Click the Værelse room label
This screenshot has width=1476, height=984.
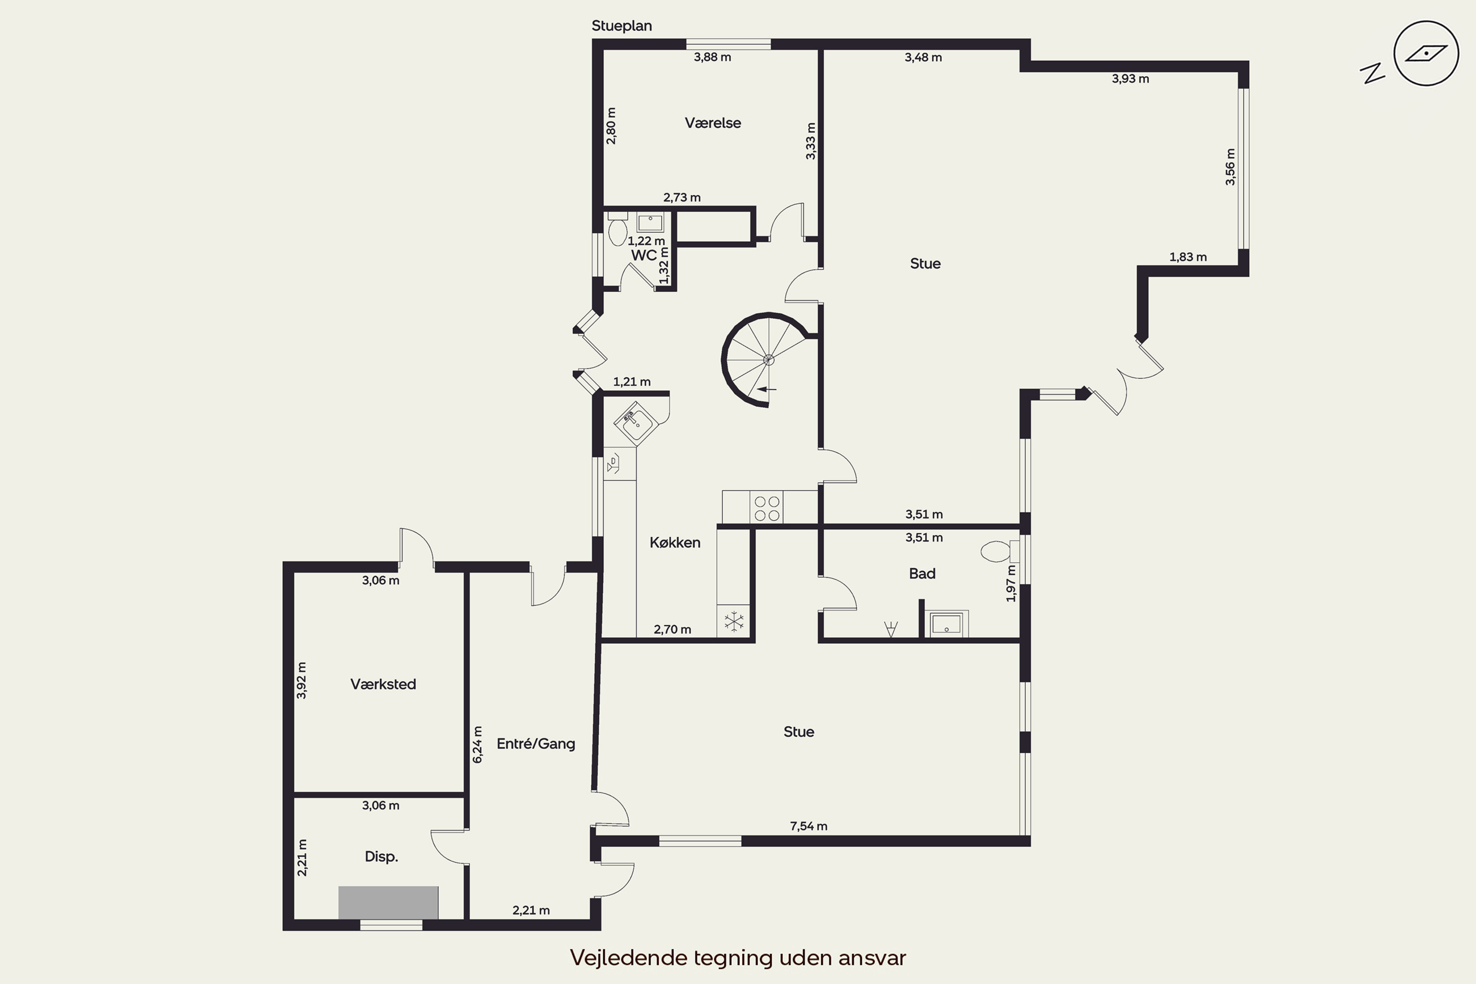712,123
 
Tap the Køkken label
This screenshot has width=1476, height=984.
675,543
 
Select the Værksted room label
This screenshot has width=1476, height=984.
383,684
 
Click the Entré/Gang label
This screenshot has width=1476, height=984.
535,743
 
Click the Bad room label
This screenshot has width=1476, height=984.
922,574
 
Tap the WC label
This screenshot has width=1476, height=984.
644,255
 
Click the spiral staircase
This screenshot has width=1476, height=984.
766,360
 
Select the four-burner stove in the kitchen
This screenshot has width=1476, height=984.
767,508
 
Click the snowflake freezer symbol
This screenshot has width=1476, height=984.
734,622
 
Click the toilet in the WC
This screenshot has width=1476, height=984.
617,229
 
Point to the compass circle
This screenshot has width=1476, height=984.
1426,53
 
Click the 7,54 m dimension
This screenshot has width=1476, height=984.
808,827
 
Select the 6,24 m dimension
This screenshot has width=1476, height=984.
478,744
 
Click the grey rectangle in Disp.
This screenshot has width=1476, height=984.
389,903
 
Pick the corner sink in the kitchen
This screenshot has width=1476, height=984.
636,423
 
